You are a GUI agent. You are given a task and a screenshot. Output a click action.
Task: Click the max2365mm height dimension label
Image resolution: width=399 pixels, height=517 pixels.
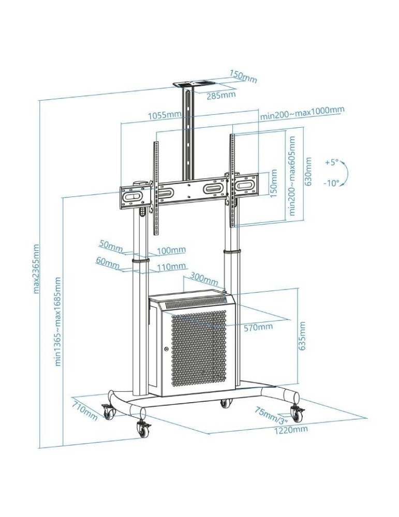37,268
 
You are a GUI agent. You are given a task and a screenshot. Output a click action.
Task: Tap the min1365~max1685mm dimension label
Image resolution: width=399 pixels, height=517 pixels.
58,322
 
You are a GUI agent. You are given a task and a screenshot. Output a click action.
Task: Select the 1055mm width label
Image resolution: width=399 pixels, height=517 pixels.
164,115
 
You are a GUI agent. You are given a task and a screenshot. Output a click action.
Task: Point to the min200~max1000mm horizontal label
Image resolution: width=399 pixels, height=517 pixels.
302,113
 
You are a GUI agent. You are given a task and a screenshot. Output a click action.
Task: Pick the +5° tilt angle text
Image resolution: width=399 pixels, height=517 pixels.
331,162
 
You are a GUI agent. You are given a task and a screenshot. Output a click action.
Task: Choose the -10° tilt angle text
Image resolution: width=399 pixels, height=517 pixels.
332,183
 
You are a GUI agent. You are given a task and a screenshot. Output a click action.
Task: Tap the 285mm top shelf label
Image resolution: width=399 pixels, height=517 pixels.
221,95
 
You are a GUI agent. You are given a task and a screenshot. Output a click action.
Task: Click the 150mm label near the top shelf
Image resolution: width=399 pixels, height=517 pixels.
243,78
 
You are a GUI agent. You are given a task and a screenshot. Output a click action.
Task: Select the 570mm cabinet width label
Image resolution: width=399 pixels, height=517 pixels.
258,327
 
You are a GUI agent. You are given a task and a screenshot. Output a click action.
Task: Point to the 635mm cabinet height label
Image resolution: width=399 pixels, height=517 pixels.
303,336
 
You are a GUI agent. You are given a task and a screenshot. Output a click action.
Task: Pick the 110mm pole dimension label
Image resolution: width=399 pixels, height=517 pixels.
171,266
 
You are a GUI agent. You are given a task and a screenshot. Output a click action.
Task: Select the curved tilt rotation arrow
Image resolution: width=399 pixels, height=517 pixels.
345,173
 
